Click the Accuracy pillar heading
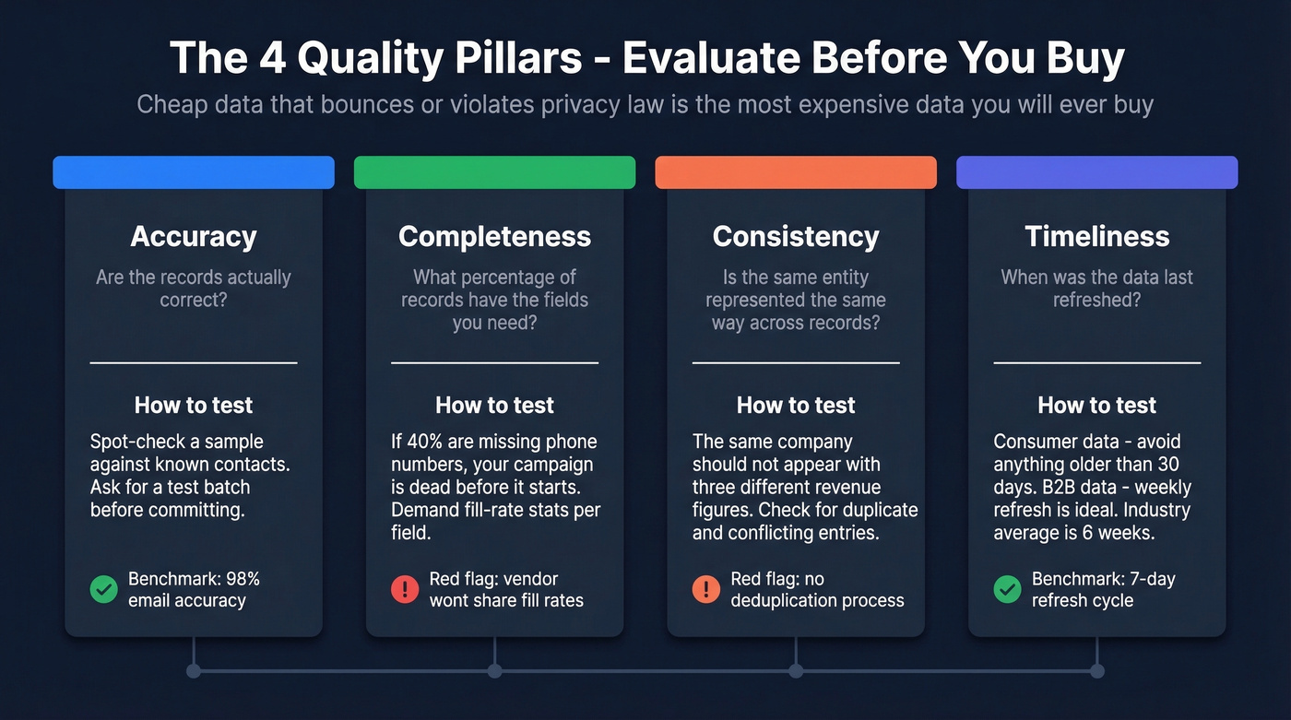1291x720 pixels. click(x=194, y=236)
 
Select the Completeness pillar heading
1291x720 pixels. click(x=494, y=236)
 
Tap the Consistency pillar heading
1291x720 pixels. click(x=796, y=236)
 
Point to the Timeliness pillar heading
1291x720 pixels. click(x=1096, y=236)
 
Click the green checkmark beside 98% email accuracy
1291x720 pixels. click(x=104, y=589)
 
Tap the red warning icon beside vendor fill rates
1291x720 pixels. click(x=405, y=589)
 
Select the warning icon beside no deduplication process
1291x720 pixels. click(x=706, y=589)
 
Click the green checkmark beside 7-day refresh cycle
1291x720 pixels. click(x=1007, y=589)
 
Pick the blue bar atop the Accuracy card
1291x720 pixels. click(x=194, y=172)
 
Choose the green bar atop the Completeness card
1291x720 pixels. click(x=494, y=172)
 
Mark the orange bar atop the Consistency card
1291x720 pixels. click(x=796, y=172)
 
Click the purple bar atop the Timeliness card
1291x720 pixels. click(x=1096, y=172)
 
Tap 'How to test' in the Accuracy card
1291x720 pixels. click(x=194, y=405)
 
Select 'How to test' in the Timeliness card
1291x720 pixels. click(x=1096, y=405)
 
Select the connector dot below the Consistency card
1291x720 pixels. click(x=796, y=671)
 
